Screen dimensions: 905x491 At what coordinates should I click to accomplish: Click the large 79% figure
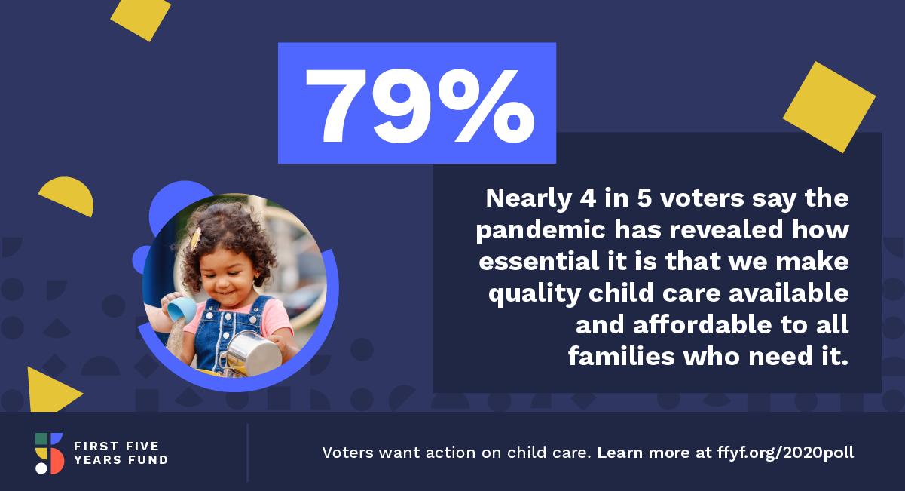[x=420, y=106]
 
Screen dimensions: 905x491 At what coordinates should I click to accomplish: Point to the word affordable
[x=702, y=324]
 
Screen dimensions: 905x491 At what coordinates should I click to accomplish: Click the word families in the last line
[x=622, y=356]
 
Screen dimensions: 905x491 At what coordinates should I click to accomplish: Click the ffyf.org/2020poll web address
[x=785, y=453]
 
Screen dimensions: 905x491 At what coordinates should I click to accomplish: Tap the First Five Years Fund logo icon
[x=49, y=453]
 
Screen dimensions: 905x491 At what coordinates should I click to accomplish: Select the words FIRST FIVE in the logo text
[x=116, y=446]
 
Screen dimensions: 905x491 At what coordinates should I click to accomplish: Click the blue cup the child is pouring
[x=182, y=309]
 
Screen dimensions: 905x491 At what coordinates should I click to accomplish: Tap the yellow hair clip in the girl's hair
[x=197, y=239]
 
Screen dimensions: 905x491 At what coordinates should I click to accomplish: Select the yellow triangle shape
[x=50, y=390]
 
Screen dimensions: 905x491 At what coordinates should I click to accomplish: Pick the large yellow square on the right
[x=829, y=107]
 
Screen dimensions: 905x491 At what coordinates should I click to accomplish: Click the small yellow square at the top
[x=141, y=18]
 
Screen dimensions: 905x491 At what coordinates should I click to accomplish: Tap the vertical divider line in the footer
[x=247, y=453]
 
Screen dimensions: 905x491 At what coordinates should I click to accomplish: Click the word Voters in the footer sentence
[x=347, y=453]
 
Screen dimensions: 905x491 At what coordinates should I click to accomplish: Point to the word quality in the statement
[x=534, y=293]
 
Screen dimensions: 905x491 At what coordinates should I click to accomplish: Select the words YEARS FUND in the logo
[x=121, y=460]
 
